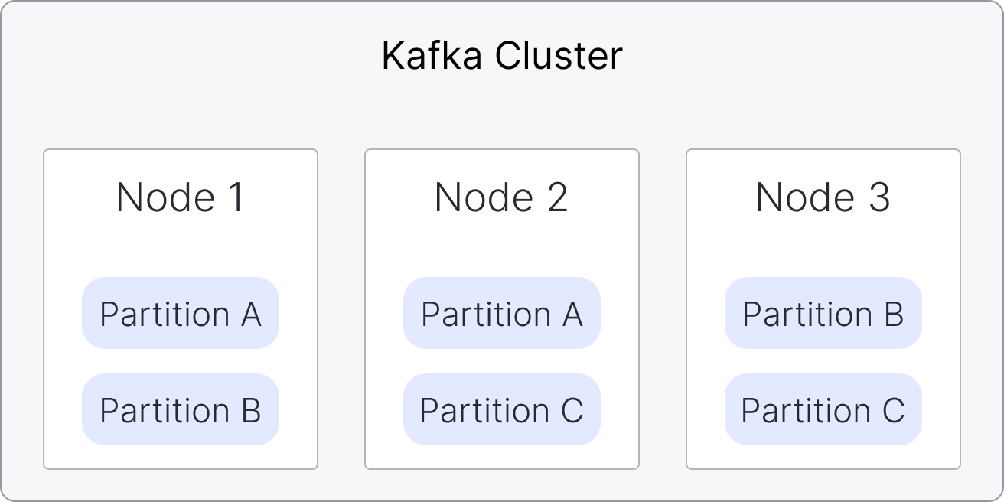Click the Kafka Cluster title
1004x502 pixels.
tap(502, 57)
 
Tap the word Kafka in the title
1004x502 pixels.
tap(431, 57)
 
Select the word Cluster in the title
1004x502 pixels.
tap(559, 57)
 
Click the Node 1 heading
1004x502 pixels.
tap(181, 197)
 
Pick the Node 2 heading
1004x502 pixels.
tap(501, 197)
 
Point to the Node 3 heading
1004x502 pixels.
tap(823, 197)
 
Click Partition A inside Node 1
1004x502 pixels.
tap(181, 314)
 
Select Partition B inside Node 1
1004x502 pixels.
tap(181, 410)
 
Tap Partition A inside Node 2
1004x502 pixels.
tap(502, 314)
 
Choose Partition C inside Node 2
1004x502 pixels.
tap(502, 410)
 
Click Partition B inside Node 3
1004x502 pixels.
tap(823, 314)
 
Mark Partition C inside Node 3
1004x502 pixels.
tap(823, 410)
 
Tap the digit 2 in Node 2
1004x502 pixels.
tap(556, 197)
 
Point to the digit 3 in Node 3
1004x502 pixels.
tap(878, 197)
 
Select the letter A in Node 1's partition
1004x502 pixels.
tap(251, 314)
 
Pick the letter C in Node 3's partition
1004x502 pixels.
tap(893, 410)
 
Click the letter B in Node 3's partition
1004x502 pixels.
tap(894, 314)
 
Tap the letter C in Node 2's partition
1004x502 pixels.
tap(572, 410)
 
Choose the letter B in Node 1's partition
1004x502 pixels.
tap(251, 410)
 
